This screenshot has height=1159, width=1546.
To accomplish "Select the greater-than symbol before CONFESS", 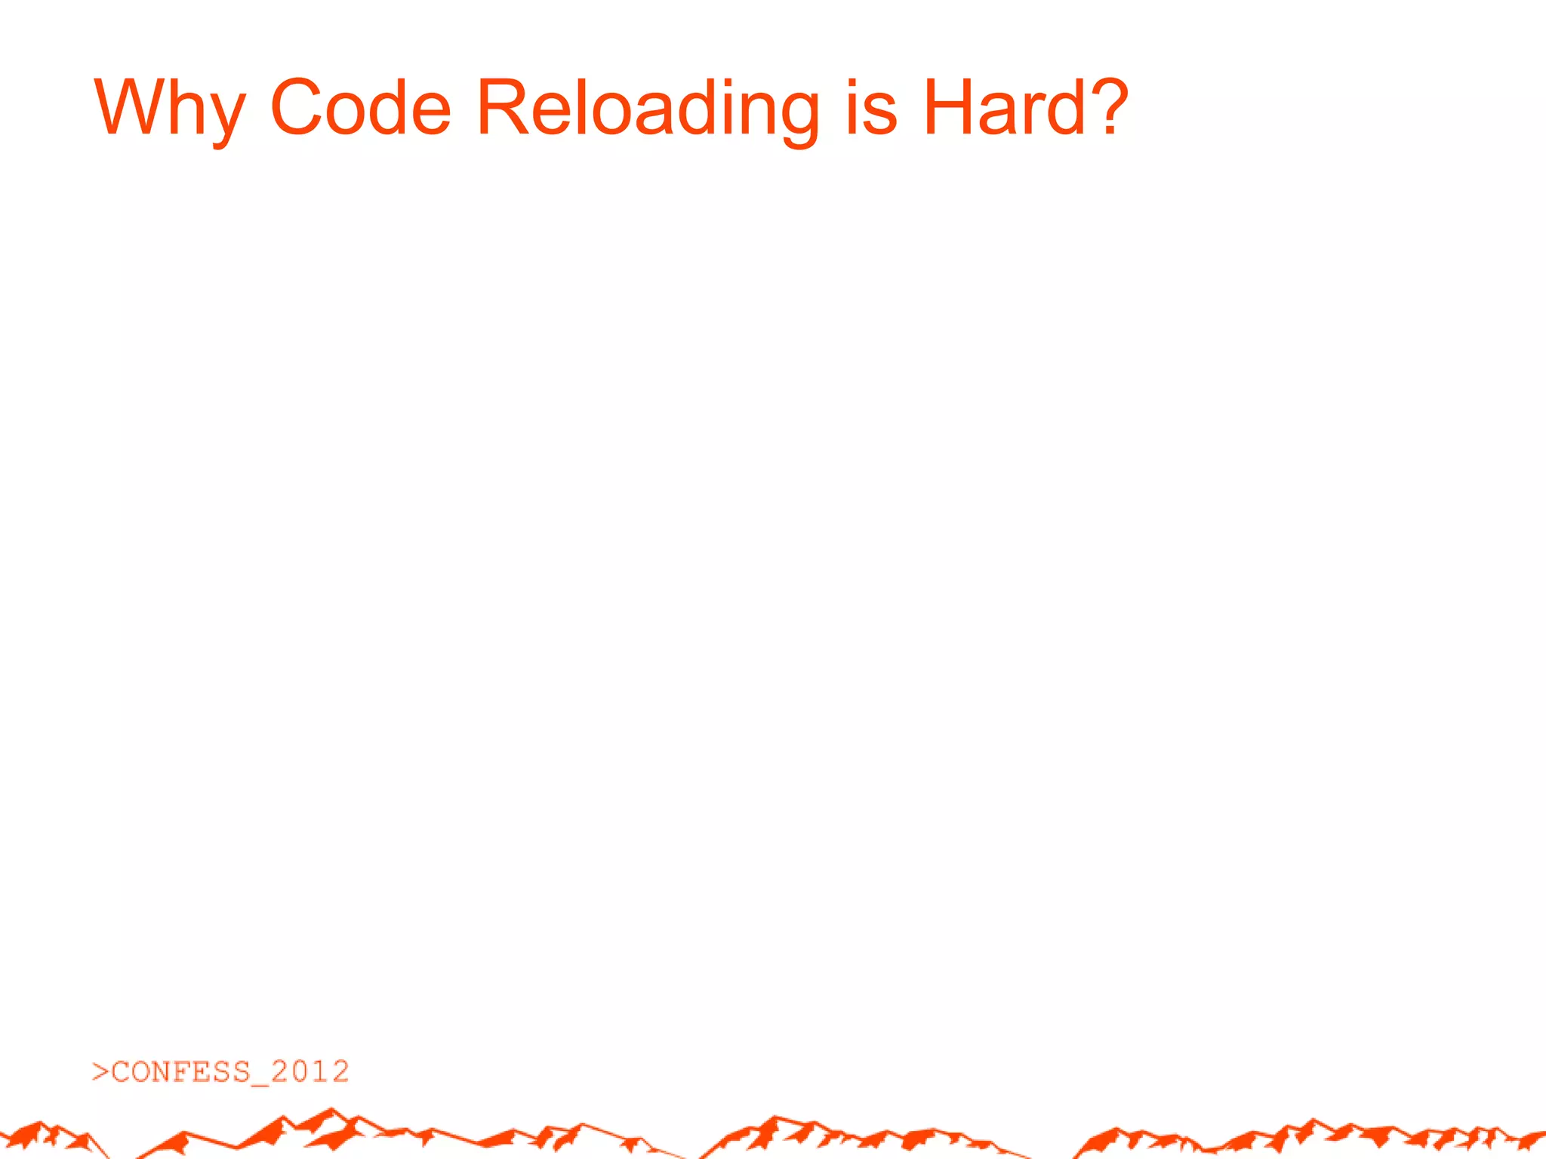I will coord(100,1071).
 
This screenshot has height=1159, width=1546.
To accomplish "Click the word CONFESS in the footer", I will coord(181,1071).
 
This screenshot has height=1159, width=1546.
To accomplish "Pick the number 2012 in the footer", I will coord(310,1071).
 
